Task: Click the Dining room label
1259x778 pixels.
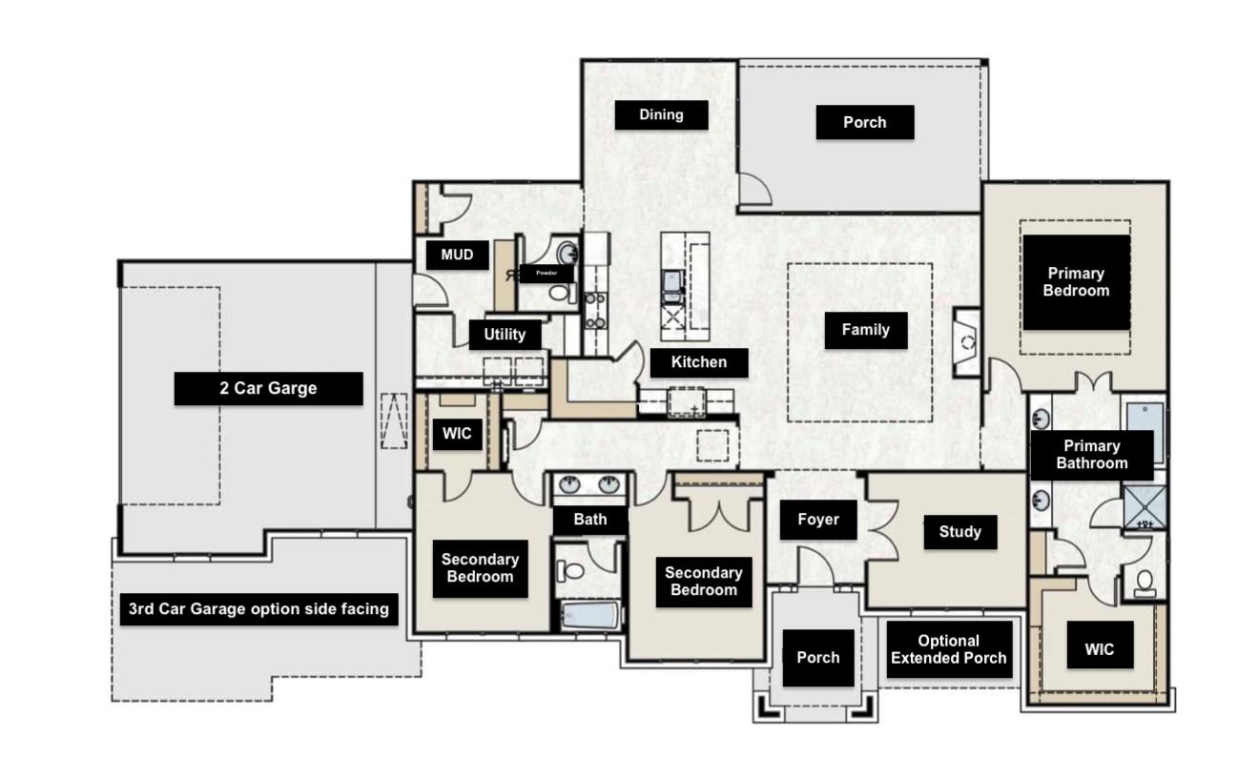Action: pyautogui.click(x=661, y=115)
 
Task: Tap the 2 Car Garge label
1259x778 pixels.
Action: pyautogui.click(x=268, y=389)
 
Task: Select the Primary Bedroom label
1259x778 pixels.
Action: pyautogui.click(x=1076, y=282)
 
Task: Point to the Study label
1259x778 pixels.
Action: pyautogui.click(x=960, y=532)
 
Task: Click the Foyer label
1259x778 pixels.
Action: pyautogui.click(x=817, y=520)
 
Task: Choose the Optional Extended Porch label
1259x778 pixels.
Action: pyautogui.click(x=948, y=649)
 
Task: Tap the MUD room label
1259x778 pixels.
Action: pyautogui.click(x=457, y=256)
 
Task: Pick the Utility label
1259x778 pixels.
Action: pyautogui.click(x=505, y=335)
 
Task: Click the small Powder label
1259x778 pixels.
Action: pyautogui.click(x=546, y=274)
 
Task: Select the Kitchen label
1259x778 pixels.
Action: pyautogui.click(x=698, y=362)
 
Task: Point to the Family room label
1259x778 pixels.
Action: pyautogui.click(x=865, y=330)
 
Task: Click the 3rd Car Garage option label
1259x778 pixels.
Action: pyautogui.click(x=258, y=609)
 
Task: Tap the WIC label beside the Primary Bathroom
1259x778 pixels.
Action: pyautogui.click(x=1099, y=649)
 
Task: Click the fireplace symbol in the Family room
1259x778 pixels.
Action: pyautogui.click(x=966, y=342)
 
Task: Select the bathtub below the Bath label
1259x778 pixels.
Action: pyautogui.click(x=589, y=614)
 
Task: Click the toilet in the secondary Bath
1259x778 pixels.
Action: pyautogui.click(x=571, y=571)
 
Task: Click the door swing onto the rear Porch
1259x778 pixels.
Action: pyautogui.click(x=754, y=190)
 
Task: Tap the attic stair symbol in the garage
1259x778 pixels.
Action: pyautogui.click(x=394, y=420)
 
